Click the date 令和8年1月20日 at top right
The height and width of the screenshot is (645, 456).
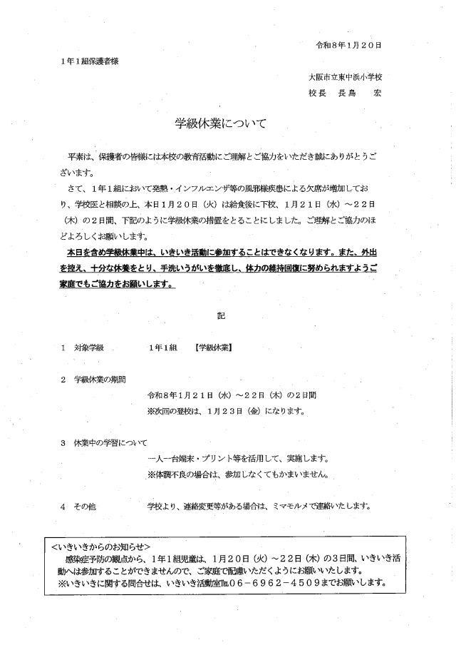click(x=349, y=45)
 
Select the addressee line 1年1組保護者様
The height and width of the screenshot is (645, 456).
click(x=90, y=61)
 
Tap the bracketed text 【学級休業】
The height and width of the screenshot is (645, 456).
click(x=217, y=347)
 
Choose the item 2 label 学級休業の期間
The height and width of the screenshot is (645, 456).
click(x=100, y=379)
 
